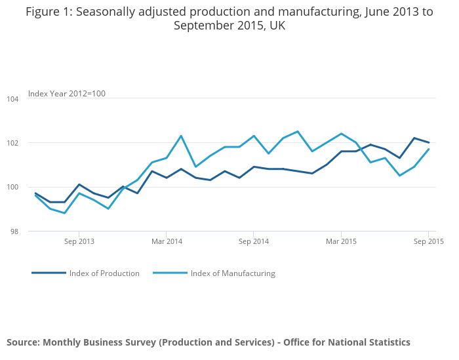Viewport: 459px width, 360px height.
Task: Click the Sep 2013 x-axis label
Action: point(79,241)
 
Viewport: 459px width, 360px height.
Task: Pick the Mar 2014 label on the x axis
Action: point(167,241)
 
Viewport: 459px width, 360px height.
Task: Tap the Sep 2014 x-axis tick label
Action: point(254,241)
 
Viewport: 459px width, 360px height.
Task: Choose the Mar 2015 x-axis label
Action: point(341,241)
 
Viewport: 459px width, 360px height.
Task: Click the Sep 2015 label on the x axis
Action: point(428,241)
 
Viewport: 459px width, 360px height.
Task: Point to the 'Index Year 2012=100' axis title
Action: point(67,94)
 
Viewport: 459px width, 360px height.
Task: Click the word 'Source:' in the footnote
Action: point(23,342)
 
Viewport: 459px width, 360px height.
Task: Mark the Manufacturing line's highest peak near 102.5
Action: point(298,131)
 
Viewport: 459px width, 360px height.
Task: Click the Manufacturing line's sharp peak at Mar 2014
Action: point(181,136)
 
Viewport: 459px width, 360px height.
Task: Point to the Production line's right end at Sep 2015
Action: point(429,142)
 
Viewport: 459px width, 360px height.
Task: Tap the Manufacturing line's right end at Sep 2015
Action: point(429,149)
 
